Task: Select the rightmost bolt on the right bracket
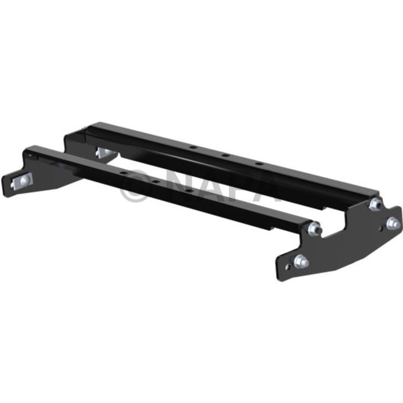click(393, 223)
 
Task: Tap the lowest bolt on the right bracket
click(301, 261)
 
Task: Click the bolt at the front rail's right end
click(314, 229)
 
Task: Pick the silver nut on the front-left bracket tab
click(20, 181)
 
